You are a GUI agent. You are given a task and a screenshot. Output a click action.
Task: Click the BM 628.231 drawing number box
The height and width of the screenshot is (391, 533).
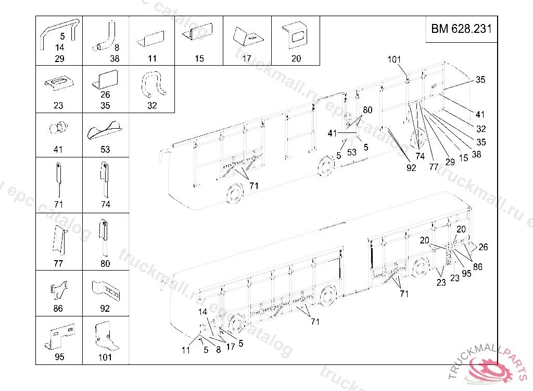point(461,30)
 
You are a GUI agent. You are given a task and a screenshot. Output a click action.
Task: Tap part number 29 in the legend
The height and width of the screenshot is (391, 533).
point(59,59)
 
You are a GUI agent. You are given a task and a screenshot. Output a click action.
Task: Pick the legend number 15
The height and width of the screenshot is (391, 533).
point(199,59)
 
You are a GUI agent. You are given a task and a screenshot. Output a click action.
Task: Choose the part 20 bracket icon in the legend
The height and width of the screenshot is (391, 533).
point(296,35)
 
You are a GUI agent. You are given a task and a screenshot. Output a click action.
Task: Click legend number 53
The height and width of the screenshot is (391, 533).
point(106,150)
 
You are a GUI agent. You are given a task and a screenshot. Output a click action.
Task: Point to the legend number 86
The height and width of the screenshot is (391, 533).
point(58,309)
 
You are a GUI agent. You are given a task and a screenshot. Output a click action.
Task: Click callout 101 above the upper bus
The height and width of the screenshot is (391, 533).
point(394,59)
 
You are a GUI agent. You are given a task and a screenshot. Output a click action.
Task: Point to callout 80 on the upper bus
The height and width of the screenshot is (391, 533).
point(367,110)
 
